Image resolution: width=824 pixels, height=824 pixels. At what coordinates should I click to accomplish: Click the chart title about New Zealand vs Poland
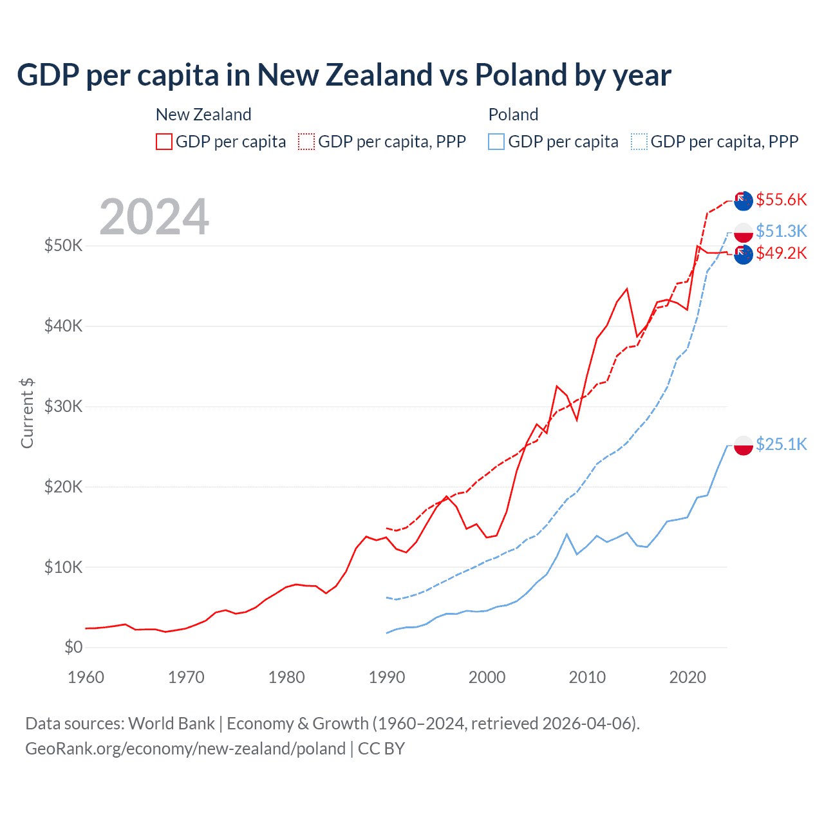pyautogui.click(x=344, y=75)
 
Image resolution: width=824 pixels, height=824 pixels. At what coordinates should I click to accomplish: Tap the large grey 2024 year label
pyautogui.click(x=154, y=217)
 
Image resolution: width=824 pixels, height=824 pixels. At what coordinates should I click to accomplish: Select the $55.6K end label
pyautogui.click(x=781, y=200)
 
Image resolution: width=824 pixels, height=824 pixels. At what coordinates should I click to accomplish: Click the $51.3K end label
pyautogui.click(x=781, y=230)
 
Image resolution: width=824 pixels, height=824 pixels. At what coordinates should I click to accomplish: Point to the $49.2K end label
pyautogui.click(x=781, y=253)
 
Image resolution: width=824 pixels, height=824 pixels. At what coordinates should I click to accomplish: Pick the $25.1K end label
pyautogui.click(x=781, y=444)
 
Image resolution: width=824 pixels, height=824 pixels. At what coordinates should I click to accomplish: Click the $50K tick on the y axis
pyautogui.click(x=63, y=245)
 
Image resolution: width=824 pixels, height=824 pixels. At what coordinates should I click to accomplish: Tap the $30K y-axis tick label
pyautogui.click(x=63, y=406)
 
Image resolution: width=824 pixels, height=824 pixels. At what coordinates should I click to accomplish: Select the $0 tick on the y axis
pyautogui.click(x=73, y=647)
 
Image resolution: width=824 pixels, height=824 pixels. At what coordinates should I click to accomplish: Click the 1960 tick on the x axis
pyautogui.click(x=86, y=677)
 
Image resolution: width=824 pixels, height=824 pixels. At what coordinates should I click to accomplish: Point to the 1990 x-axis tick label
pyautogui.click(x=387, y=677)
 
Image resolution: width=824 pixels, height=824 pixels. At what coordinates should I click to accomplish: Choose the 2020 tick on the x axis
pyautogui.click(x=688, y=677)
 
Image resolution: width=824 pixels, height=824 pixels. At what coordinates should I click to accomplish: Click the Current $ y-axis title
pyautogui.click(x=27, y=413)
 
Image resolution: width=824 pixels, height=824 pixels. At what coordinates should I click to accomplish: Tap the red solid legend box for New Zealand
pyautogui.click(x=164, y=142)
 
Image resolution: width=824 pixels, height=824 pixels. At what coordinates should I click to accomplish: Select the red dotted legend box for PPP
pyautogui.click(x=306, y=142)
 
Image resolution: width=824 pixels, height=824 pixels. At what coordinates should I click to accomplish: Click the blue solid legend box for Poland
pyautogui.click(x=496, y=142)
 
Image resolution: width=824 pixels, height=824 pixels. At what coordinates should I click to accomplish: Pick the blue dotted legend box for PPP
pyautogui.click(x=639, y=142)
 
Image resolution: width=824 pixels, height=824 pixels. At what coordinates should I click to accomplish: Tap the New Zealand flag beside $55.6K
pyautogui.click(x=744, y=201)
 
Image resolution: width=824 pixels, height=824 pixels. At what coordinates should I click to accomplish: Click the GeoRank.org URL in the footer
pyautogui.click(x=185, y=749)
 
